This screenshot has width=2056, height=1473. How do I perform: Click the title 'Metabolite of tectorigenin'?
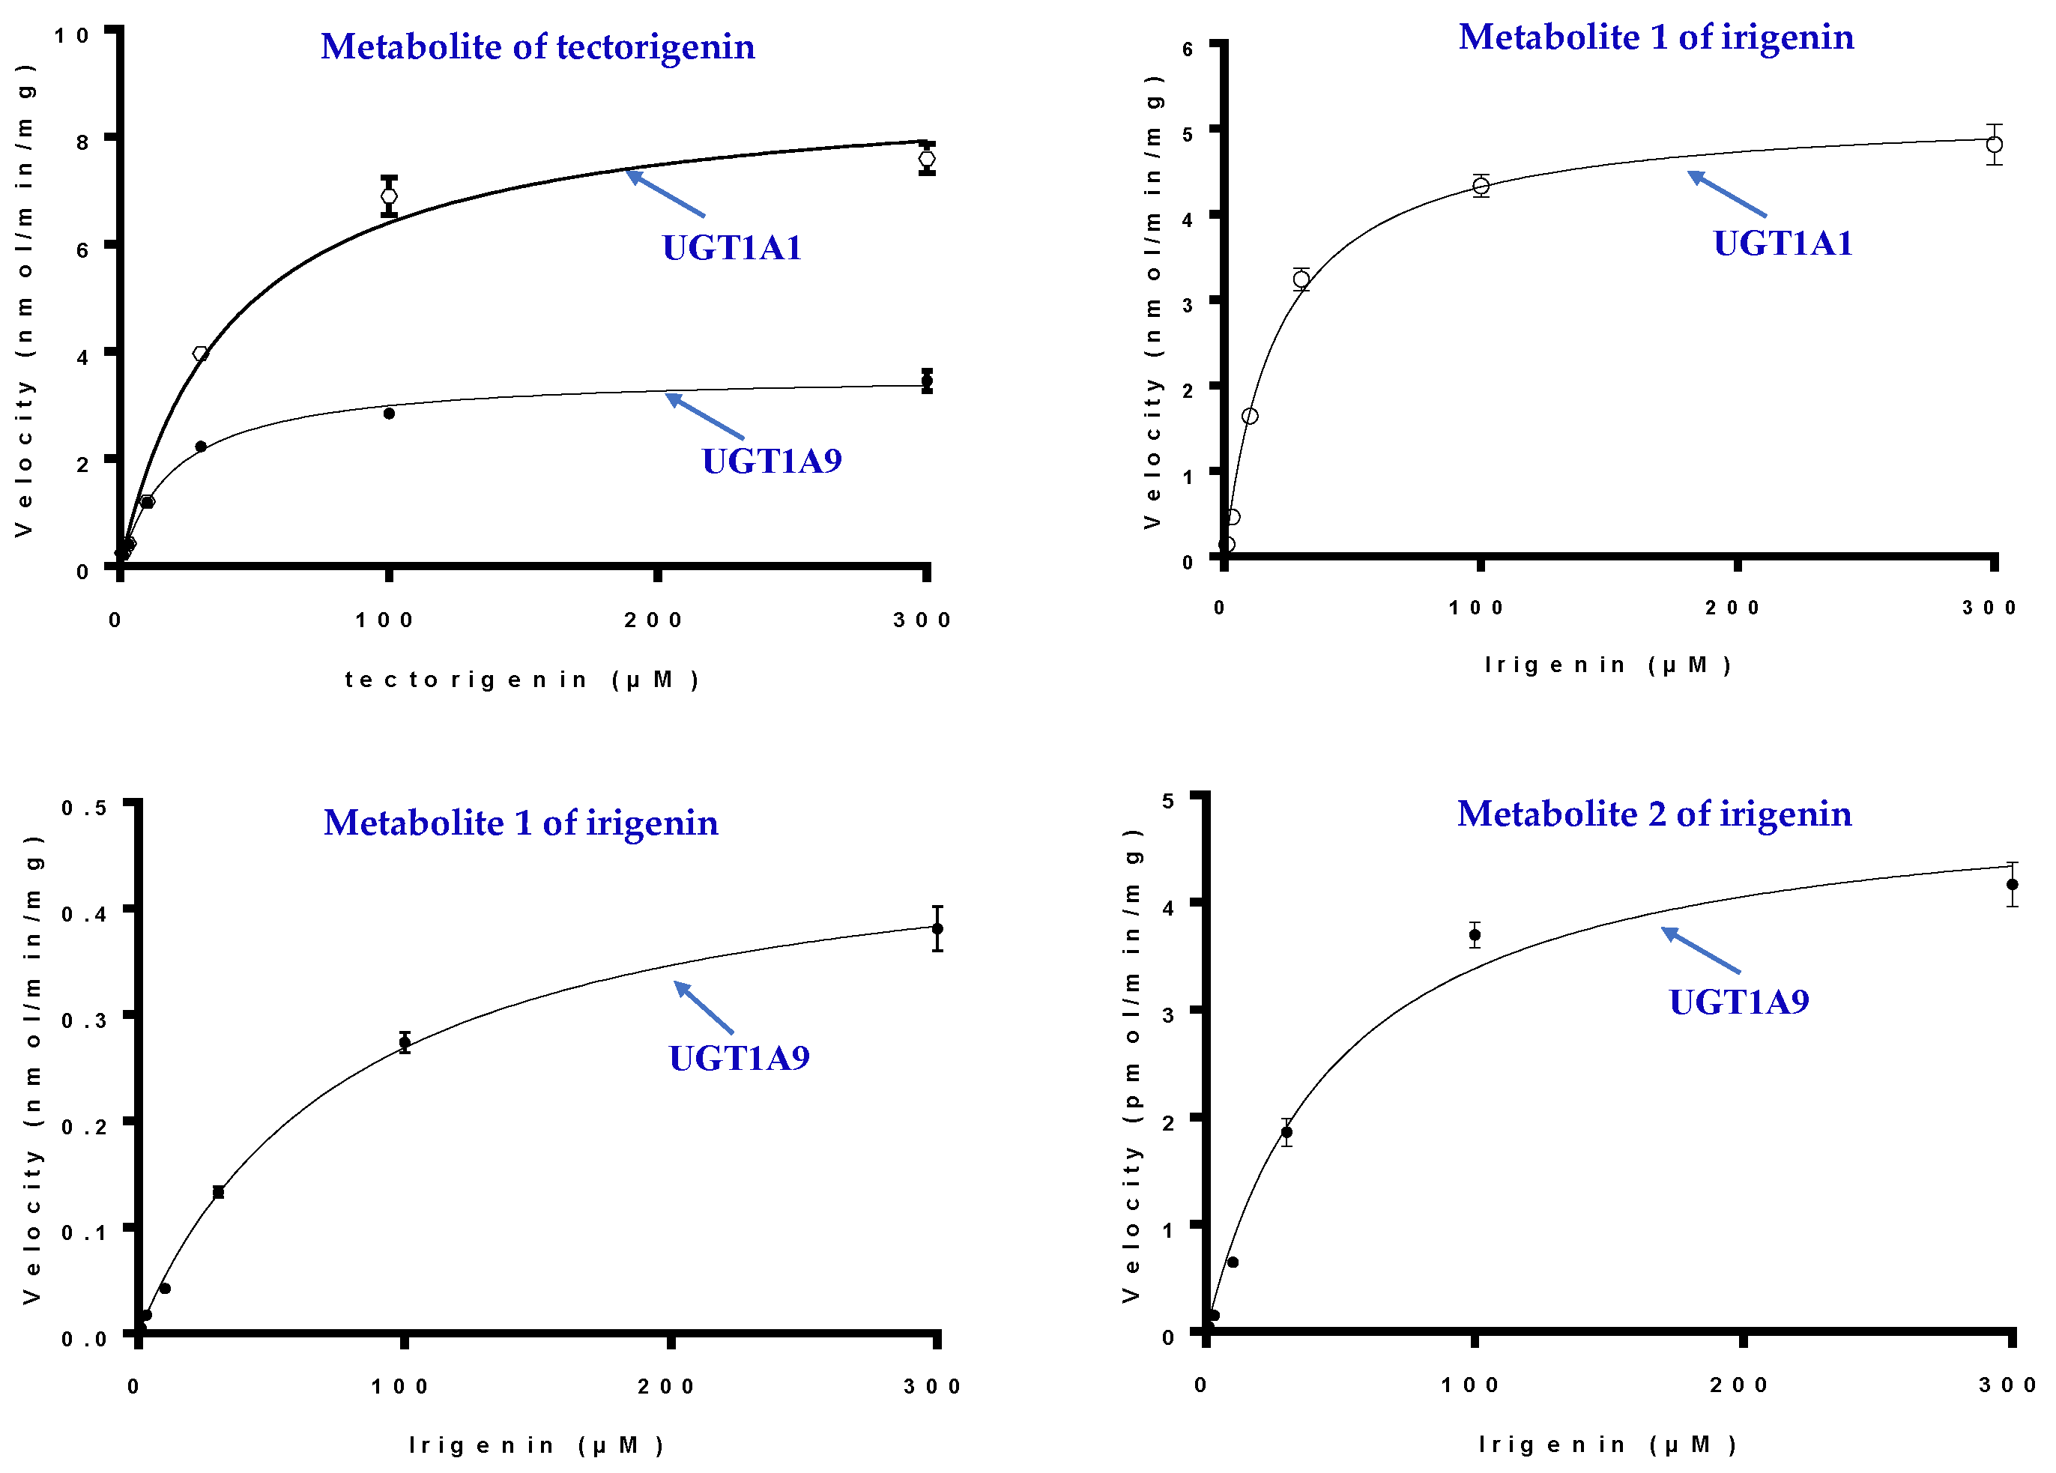[537, 46]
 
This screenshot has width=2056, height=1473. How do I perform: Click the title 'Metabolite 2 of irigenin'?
[1654, 813]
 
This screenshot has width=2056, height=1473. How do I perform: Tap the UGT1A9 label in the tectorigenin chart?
[772, 461]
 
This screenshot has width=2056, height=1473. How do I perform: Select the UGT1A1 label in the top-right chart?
[1783, 243]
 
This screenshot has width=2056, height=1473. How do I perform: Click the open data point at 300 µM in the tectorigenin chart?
[926, 160]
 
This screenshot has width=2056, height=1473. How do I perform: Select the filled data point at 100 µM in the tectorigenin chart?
[389, 414]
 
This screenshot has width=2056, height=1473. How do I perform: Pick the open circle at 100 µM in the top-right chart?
[1481, 186]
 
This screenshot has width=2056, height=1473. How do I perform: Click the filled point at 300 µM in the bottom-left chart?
[937, 928]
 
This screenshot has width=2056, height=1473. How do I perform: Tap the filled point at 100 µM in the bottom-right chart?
[1475, 934]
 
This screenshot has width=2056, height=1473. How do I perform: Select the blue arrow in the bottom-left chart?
[704, 1007]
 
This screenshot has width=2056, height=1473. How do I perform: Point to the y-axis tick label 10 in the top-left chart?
[72, 35]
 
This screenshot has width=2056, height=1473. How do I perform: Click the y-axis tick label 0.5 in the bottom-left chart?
[83, 808]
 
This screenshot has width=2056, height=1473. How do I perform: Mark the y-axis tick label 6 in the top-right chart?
[1187, 49]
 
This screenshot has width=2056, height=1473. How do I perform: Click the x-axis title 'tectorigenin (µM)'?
[522, 679]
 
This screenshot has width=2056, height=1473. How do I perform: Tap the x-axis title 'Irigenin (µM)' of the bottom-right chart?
[1606, 1444]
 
